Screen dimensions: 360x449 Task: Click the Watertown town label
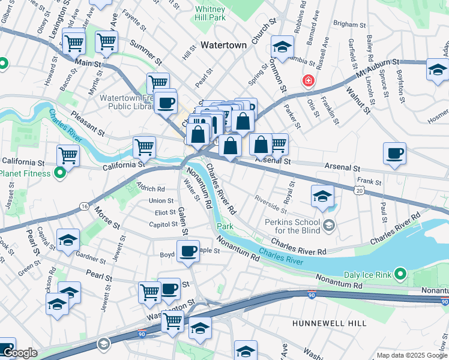pyautogui.click(x=223, y=45)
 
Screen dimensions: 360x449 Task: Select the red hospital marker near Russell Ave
pyautogui.click(x=309, y=80)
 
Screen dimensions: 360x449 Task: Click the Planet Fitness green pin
pyautogui.click(x=60, y=174)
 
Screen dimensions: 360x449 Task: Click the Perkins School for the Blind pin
pyautogui.click(x=328, y=226)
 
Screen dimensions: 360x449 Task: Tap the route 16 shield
pyautogui.click(x=83, y=206)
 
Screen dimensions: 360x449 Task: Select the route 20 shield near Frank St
pyautogui.click(x=359, y=190)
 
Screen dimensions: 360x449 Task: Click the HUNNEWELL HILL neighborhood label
pyautogui.click(x=329, y=323)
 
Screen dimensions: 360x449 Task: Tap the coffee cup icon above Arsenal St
pyautogui.click(x=394, y=154)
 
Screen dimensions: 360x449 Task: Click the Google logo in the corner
pyautogui.click(x=20, y=353)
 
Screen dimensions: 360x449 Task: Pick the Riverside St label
pyautogui.click(x=270, y=204)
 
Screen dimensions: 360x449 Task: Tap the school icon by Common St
pyautogui.click(x=282, y=46)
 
